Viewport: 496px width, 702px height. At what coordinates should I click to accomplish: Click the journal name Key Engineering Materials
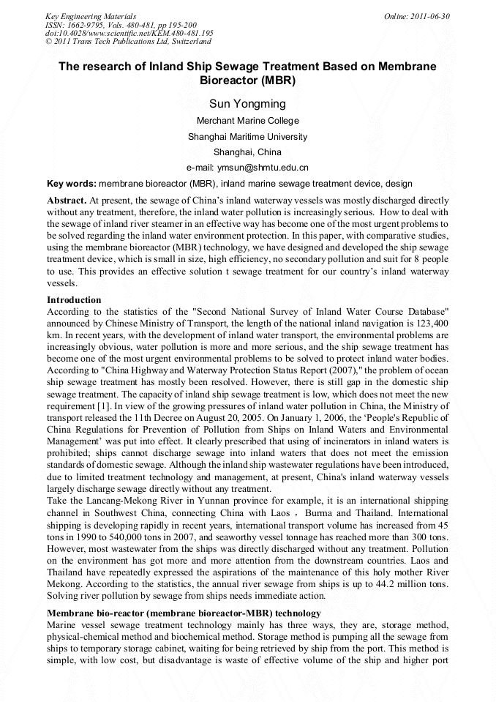pos(91,15)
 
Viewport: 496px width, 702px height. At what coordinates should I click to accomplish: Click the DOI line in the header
pos(129,33)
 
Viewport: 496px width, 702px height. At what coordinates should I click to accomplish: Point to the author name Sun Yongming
pos(247,104)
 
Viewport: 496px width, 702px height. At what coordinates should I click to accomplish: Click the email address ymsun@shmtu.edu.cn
pos(247,168)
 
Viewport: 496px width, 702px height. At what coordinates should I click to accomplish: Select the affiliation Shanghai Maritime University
pos(247,136)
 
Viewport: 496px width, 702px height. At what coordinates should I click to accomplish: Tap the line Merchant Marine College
pos(247,121)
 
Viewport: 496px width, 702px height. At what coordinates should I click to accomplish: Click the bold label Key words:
pos(72,184)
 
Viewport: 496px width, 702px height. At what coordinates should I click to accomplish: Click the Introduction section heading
pos(74,300)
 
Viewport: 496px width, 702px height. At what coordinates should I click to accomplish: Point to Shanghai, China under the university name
pos(247,152)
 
